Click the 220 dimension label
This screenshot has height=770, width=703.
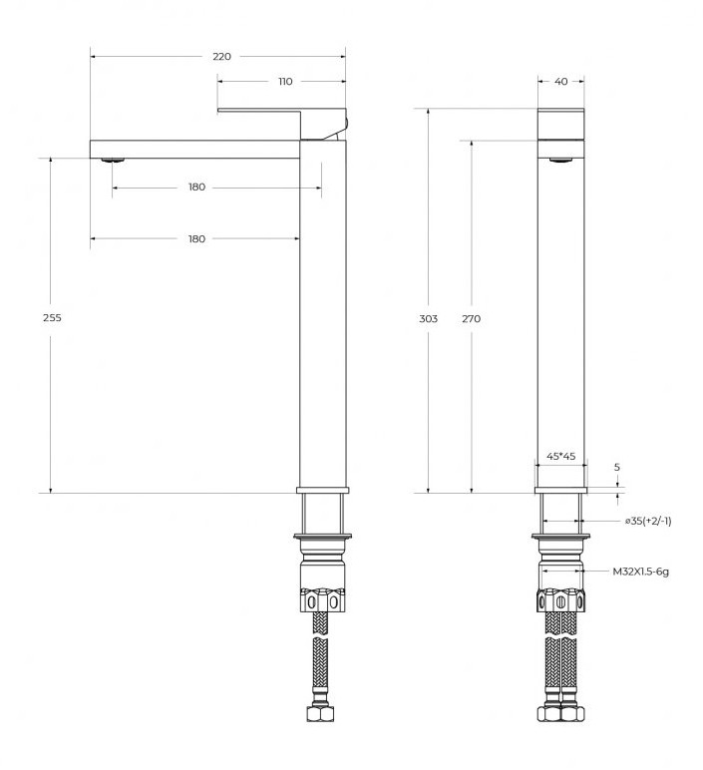tap(221, 57)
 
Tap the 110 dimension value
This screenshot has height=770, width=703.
tap(285, 82)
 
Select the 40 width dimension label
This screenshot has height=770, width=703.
tap(560, 82)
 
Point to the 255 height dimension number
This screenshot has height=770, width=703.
tap(52, 318)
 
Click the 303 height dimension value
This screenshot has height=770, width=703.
tap(428, 319)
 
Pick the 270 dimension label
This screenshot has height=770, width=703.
tap(472, 319)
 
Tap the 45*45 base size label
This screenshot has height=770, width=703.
tap(561, 456)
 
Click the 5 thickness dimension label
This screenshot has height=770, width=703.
tap(617, 467)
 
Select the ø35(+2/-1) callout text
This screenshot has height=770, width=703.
tap(648, 521)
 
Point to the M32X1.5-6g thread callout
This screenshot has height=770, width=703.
tap(640, 572)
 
